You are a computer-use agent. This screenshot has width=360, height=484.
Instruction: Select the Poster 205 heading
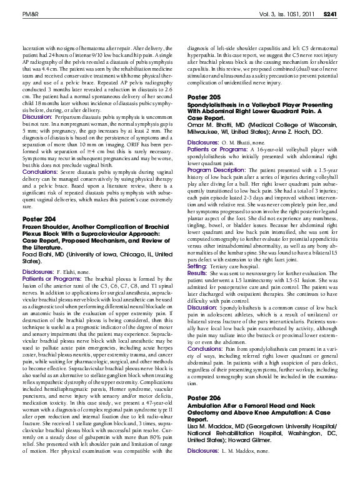tap(204, 97)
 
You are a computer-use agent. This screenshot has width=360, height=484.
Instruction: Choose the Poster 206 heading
tap(204, 415)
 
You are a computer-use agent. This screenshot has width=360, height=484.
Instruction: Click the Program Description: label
tap(216, 169)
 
